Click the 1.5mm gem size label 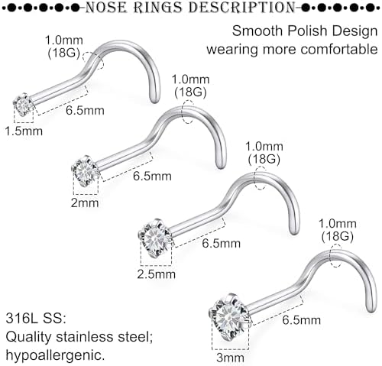coord(24,131)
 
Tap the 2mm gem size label coord(85,203)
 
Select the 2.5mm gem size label coord(157,274)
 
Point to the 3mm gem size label coord(230,358)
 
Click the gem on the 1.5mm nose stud coord(23,104)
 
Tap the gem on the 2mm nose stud coord(85,171)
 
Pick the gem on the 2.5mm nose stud coord(155,238)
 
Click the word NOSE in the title coord(105,8)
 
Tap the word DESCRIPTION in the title coord(242,8)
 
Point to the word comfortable coord(339,49)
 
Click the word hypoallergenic coord(55,355)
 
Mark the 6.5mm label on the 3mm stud coord(302,320)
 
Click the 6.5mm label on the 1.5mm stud coord(85,110)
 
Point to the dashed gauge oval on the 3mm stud coord(335,255)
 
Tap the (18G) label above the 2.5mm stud coord(264,159)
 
